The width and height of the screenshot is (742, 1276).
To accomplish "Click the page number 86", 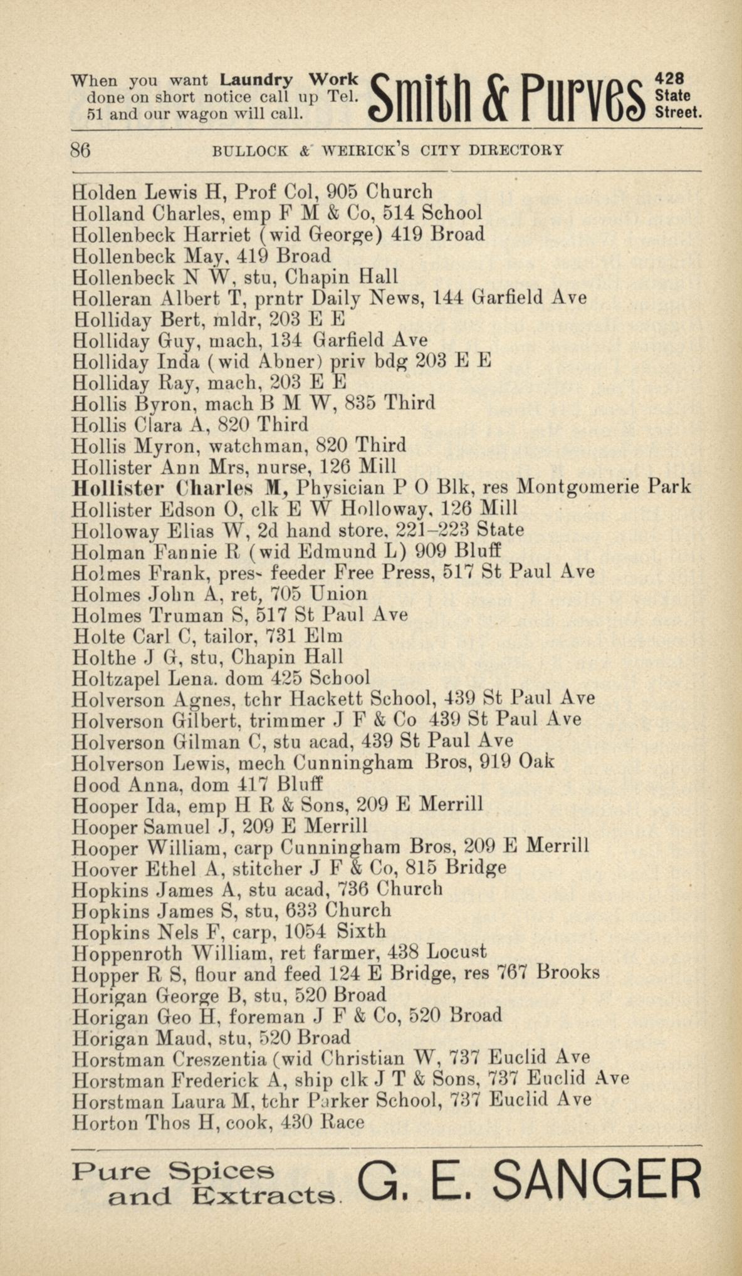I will [81, 150].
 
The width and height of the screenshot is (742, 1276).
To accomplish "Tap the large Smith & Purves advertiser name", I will [508, 98].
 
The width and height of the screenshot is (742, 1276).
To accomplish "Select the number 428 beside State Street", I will [669, 80].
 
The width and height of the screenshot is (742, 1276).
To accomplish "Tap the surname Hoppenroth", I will [127, 953].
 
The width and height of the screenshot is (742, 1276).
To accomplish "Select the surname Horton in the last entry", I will [105, 1122].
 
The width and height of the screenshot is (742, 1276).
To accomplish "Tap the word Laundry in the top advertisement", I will [256, 81].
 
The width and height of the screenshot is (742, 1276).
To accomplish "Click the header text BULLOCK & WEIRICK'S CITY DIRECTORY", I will [389, 151].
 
